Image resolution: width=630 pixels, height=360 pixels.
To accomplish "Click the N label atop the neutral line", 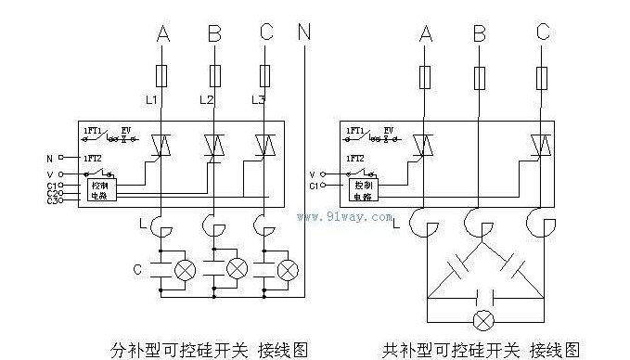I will (x=305, y=33).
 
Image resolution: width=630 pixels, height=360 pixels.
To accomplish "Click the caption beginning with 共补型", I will (x=481, y=349).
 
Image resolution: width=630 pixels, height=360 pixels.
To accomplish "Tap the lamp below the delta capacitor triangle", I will (x=481, y=321).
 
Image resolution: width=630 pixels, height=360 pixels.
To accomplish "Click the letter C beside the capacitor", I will (x=137, y=270).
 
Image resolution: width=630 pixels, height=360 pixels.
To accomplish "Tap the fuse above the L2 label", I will (x=214, y=73).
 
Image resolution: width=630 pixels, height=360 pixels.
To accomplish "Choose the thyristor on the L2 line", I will (x=214, y=145).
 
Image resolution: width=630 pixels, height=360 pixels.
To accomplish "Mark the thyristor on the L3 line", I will (x=266, y=145).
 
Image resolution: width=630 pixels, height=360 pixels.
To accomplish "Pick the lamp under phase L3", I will (x=288, y=270).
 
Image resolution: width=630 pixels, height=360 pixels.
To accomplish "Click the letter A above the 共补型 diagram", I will (x=426, y=33).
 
